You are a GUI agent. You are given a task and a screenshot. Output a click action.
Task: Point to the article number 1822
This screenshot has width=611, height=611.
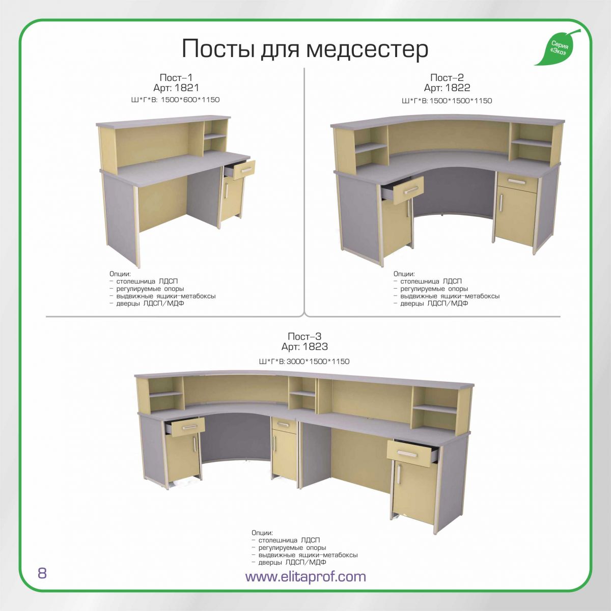(458, 88)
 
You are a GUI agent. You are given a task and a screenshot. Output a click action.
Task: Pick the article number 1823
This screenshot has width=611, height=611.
(315, 347)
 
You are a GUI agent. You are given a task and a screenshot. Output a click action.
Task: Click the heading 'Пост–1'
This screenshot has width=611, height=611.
(176, 78)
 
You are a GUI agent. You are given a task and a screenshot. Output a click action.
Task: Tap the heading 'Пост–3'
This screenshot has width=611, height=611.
(304, 336)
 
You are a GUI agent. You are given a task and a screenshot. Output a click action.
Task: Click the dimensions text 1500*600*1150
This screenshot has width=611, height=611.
(190, 100)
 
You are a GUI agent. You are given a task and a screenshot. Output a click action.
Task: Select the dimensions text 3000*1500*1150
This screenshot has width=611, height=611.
(318, 362)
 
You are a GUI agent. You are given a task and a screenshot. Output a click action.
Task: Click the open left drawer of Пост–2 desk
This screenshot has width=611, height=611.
(403, 189)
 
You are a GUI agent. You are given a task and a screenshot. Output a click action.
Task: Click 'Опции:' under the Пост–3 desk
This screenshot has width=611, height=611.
(262, 533)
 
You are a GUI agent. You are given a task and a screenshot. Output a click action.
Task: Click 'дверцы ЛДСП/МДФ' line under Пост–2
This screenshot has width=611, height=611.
(431, 303)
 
